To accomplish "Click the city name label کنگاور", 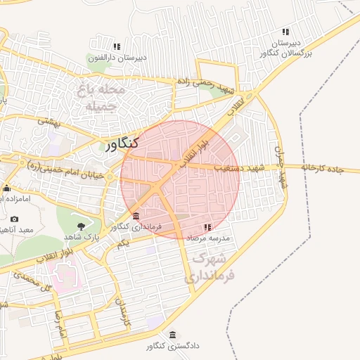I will point(122,144).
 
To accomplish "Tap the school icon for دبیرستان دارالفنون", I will point(117,47).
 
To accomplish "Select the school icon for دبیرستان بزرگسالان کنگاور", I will point(285,32).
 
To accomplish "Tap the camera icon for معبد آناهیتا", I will point(15,219).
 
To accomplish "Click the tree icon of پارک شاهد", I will point(82,226).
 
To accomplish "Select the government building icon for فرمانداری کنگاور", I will point(136,215).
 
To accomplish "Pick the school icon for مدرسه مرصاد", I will point(207,227).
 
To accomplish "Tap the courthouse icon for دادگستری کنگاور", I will point(173,335).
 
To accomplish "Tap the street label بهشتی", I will point(50,122).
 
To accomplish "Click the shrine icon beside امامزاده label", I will point(7,188).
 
